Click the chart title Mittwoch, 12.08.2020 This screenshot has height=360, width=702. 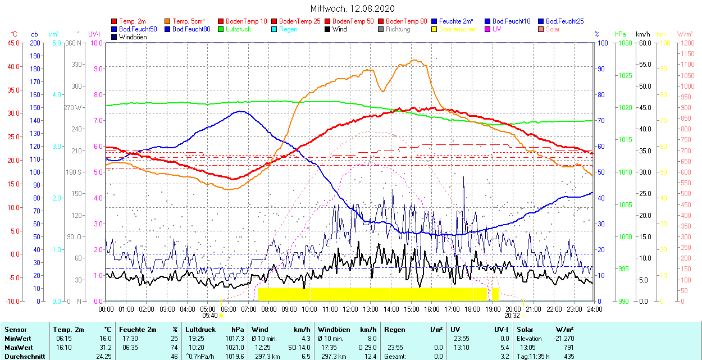(352, 8)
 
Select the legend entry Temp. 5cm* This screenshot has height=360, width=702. (188, 21)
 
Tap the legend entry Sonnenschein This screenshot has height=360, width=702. (458, 29)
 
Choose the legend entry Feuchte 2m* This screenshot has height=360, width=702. (457, 21)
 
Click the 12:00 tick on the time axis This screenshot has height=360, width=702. (350, 309)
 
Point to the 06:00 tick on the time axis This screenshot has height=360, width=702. (228, 309)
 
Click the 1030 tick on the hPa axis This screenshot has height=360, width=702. (623, 43)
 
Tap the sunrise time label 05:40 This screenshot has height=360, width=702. (209, 316)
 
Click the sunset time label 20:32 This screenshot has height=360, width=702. (512, 316)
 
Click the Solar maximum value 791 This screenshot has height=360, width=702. (568, 348)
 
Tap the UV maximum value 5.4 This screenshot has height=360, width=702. (504, 348)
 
